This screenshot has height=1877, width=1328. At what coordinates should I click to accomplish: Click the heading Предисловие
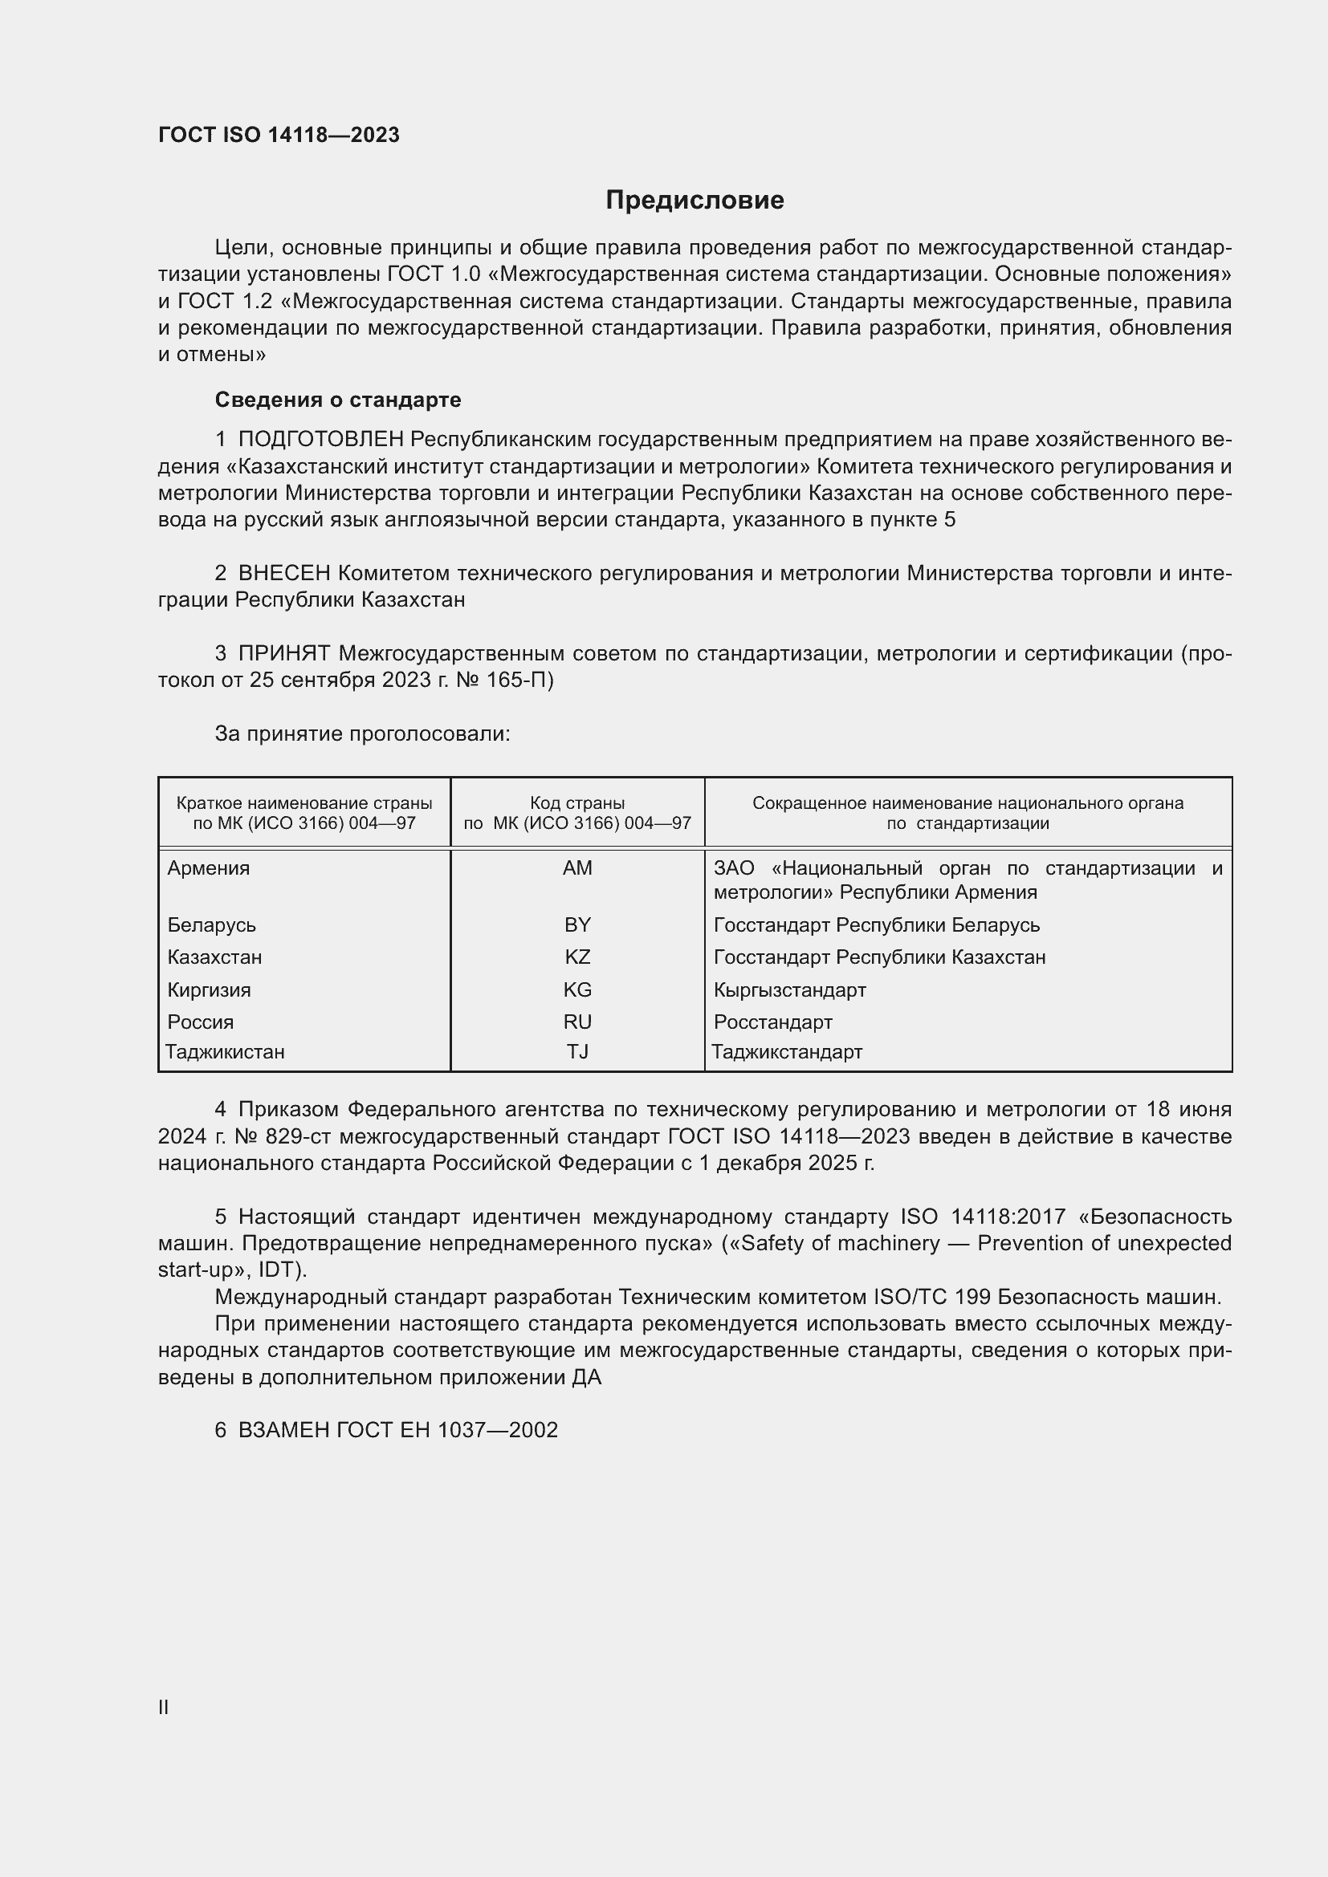point(695,201)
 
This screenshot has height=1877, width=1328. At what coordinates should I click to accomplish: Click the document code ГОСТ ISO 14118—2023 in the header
point(279,135)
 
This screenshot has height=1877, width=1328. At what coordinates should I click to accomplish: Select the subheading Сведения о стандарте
point(338,400)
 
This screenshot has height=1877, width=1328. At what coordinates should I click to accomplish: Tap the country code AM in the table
point(577,868)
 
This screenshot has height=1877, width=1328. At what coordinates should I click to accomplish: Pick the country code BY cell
point(577,925)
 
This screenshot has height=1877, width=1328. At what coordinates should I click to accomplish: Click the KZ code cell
point(577,957)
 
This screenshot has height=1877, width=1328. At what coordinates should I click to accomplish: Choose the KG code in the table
point(577,990)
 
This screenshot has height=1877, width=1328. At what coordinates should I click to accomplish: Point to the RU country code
point(577,1022)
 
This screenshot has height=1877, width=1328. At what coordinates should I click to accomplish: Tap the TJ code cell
point(577,1052)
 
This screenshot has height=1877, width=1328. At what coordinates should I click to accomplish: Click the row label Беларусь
point(212,925)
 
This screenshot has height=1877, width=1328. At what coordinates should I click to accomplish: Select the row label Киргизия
point(210,990)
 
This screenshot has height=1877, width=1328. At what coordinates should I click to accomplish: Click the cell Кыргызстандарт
point(790,990)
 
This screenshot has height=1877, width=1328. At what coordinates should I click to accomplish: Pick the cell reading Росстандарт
point(772,1022)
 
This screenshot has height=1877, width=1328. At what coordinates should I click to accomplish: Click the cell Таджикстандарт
point(787,1052)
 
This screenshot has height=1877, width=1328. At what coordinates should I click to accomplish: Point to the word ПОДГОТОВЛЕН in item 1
point(321,440)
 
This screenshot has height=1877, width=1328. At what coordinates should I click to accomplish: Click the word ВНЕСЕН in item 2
point(284,574)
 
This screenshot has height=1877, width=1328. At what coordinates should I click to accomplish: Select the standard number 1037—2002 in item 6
point(498,1430)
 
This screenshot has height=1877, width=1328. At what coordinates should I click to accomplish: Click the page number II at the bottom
point(164,1708)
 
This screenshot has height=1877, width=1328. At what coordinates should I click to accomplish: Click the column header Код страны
point(577,803)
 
